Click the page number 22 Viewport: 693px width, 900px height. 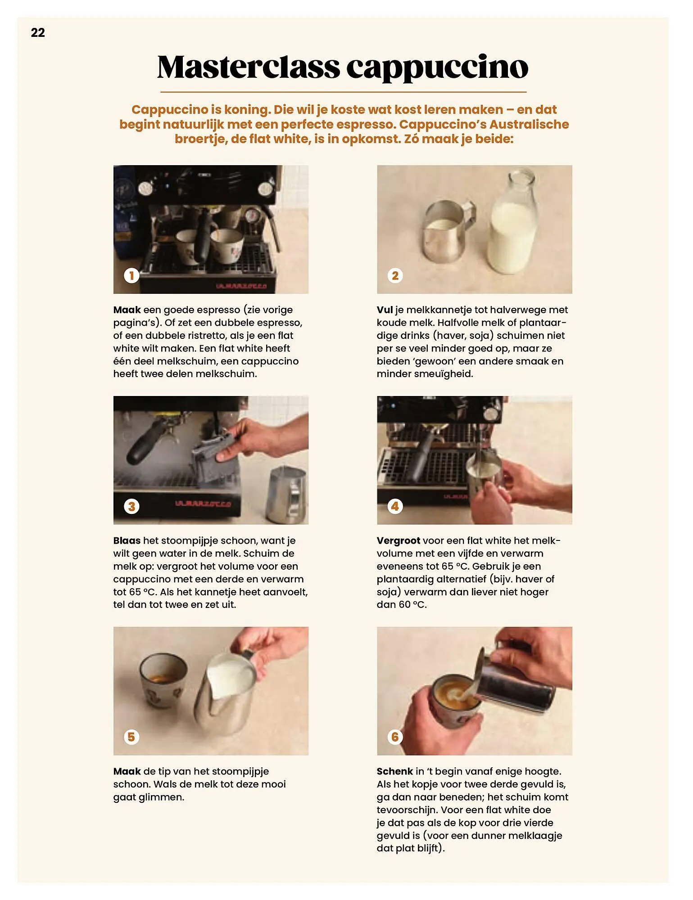[x=38, y=32]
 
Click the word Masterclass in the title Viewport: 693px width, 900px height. [x=248, y=67]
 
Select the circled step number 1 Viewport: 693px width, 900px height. [x=131, y=275]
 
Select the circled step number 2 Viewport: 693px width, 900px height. [x=395, y=275]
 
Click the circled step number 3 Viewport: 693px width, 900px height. [x=131, y=506]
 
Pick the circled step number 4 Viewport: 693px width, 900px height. [x=395, y=506]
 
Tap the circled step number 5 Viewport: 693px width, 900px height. [x=131, y=737]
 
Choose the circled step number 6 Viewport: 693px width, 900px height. [x=395, y=737]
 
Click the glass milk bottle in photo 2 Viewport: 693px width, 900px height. [x=514, y=225]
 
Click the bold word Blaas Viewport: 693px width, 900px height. [x=127, y=540]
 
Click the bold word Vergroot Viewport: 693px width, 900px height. [x=398, y=540]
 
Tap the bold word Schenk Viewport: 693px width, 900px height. [x=394, y=771]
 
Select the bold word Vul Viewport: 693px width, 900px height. [x=385, y=310]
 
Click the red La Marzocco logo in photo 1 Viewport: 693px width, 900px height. [x=241, y=286]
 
